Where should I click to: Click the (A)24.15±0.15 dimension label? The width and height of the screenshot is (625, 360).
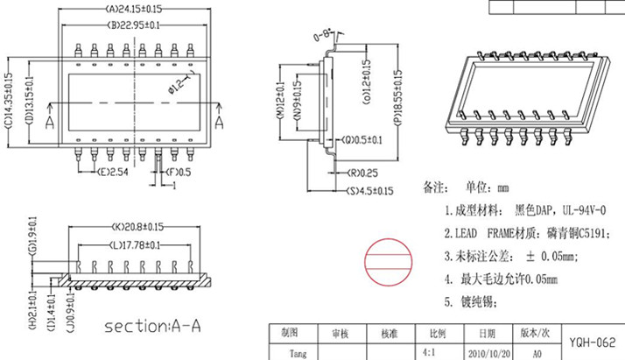click(134, 9)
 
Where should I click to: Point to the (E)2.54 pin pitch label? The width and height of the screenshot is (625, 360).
click(113, 172)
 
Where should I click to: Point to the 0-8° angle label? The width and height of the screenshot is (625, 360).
click(323, 36)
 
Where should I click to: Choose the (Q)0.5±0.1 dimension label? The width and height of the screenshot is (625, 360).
click(362, 140)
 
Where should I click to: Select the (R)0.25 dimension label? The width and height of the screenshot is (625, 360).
click(362, 173)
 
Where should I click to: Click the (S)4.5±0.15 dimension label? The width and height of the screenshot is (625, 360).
click(370, 191)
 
